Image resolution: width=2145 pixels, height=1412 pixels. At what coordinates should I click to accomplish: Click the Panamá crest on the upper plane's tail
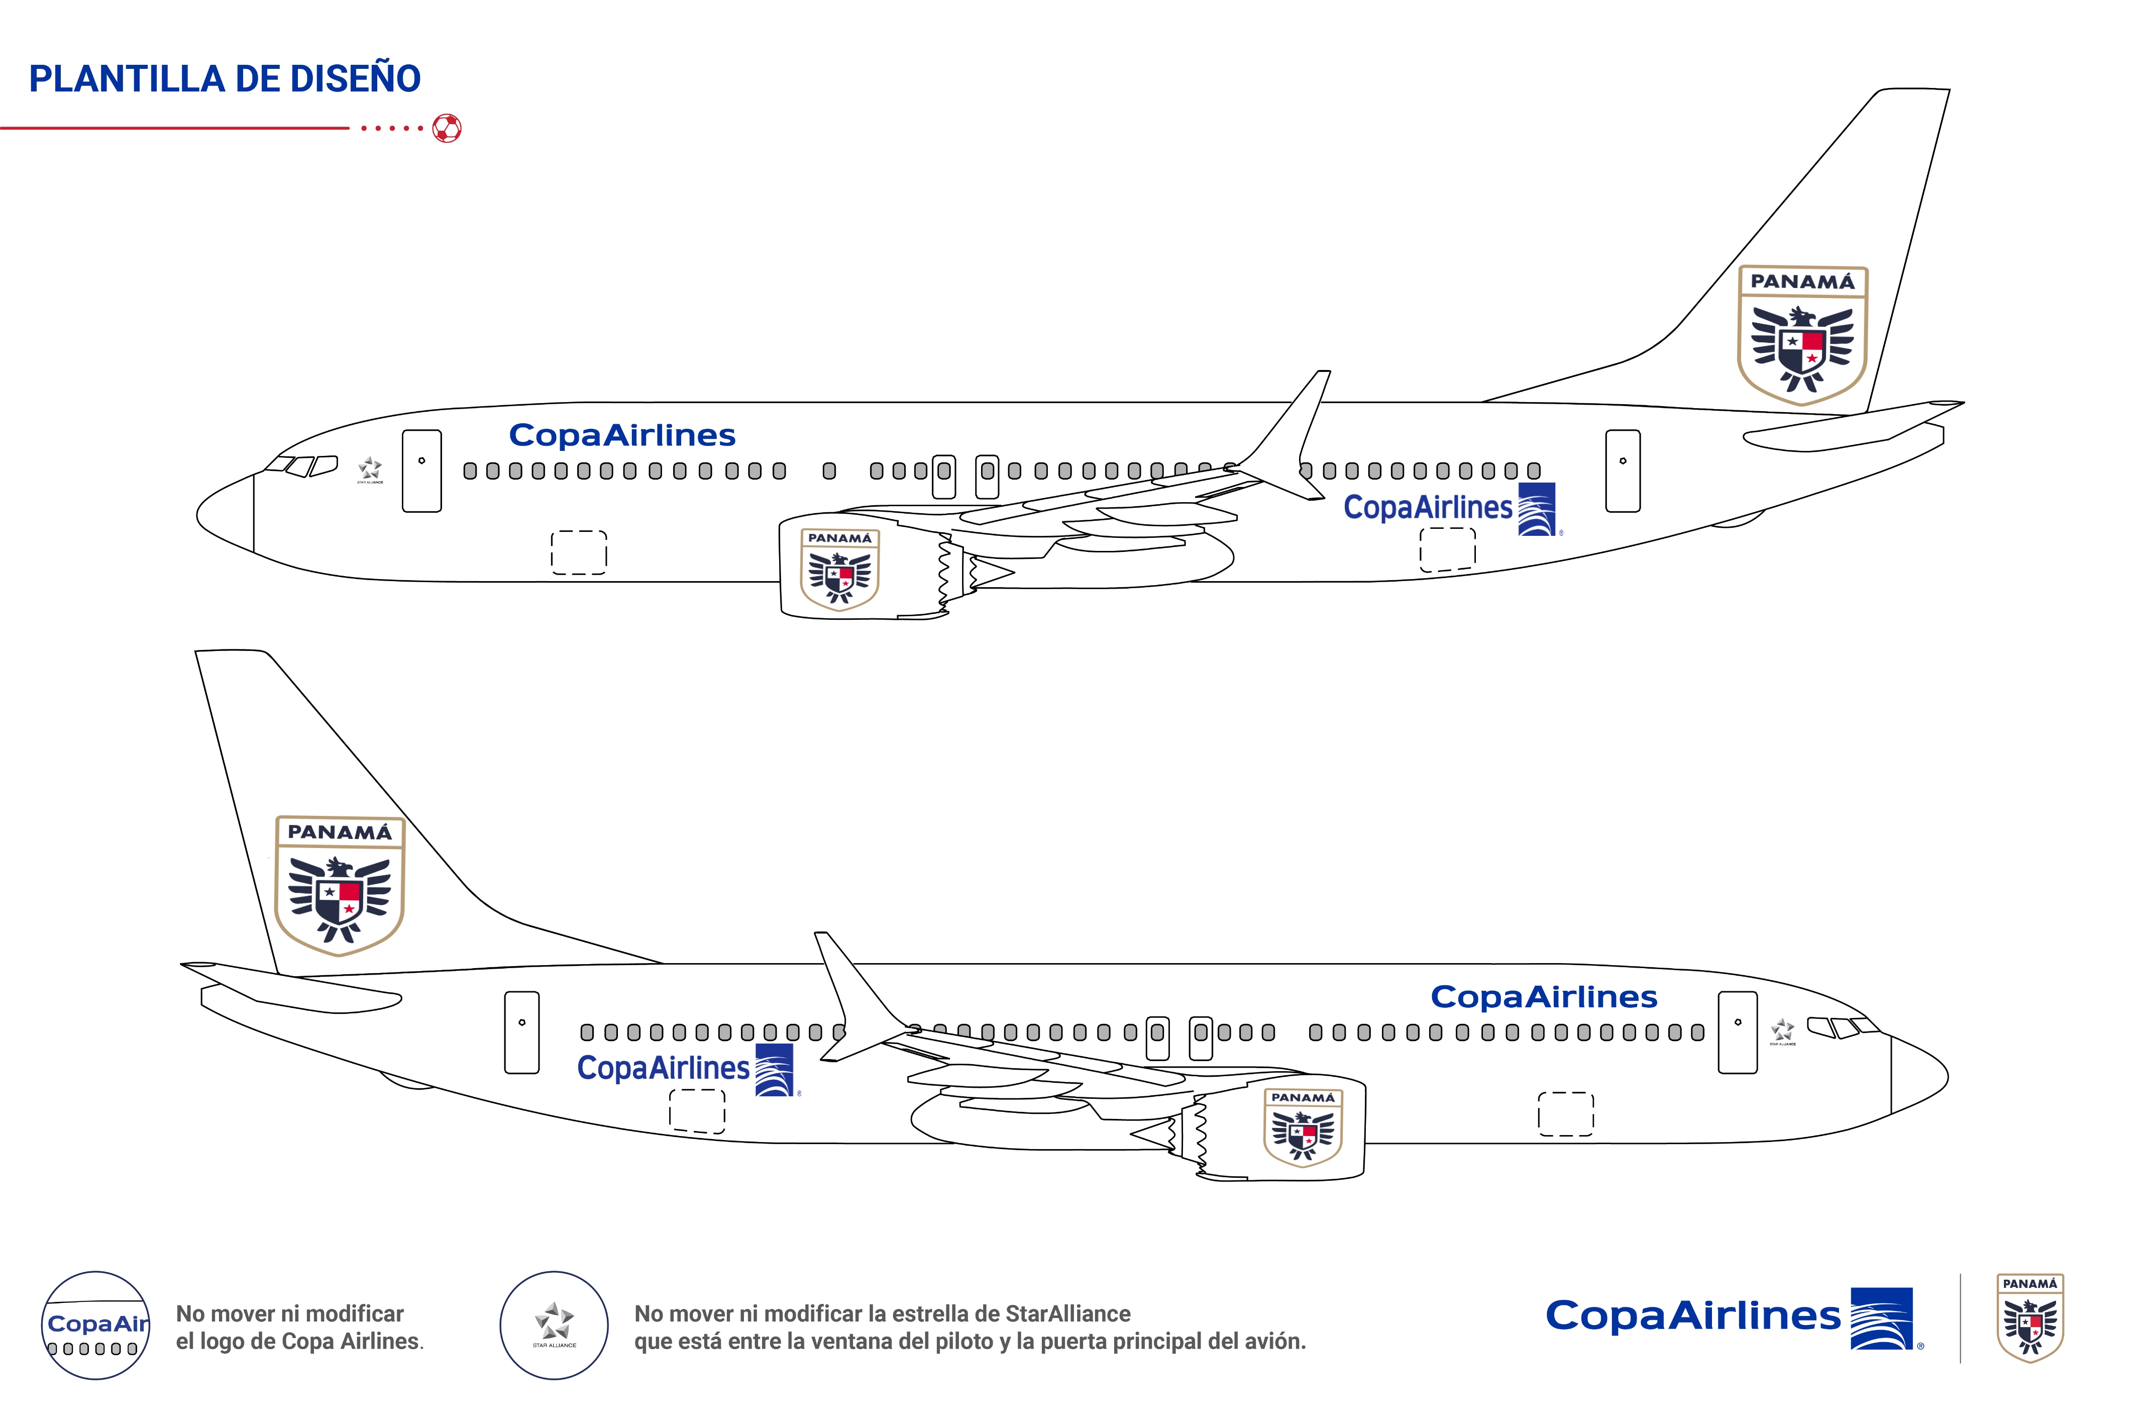point(1802,334)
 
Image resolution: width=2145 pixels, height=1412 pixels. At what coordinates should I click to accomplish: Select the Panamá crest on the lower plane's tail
point(340,885)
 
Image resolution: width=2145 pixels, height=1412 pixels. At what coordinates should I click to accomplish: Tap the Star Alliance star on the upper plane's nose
point(370,469)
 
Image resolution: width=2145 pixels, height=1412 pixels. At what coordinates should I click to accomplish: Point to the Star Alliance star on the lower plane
point(1782,1029)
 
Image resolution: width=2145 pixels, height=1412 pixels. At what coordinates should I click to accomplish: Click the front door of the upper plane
point(422,470)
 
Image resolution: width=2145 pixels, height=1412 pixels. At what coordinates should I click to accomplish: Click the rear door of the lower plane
point(522,1032)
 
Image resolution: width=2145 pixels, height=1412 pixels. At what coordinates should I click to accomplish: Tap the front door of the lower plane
point(1738,1032)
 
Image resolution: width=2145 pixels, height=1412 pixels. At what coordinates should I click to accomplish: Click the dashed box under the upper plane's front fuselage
point(579,552)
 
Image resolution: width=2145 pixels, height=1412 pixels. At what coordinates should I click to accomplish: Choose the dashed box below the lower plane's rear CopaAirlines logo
point(697,1111)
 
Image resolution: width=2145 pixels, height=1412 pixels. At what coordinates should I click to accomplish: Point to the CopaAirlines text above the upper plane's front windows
point(622,435)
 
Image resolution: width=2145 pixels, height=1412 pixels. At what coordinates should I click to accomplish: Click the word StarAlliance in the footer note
point(1068,1313)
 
